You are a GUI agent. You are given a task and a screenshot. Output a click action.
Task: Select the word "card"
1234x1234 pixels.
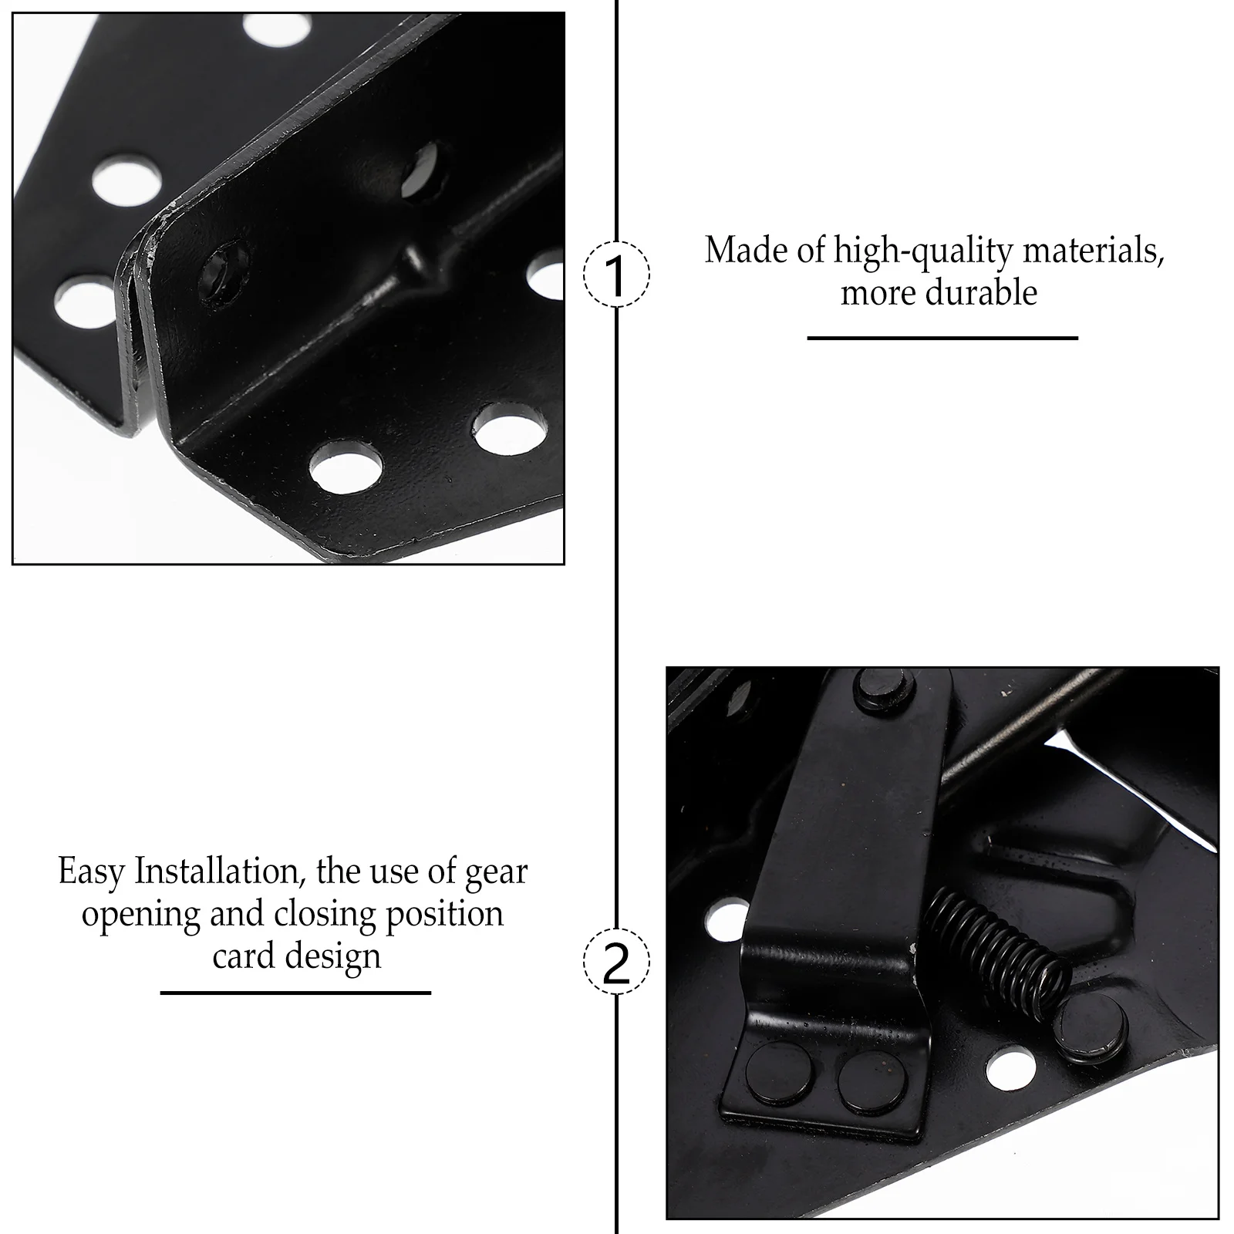click(x=246, y=956)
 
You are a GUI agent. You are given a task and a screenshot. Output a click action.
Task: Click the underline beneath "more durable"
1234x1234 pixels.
click(x=942, y=338)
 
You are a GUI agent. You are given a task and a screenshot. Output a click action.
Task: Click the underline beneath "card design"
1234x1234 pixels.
click(x=295, y=993)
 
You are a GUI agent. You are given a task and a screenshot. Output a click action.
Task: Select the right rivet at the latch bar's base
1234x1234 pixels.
click(x=868, y=1080)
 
